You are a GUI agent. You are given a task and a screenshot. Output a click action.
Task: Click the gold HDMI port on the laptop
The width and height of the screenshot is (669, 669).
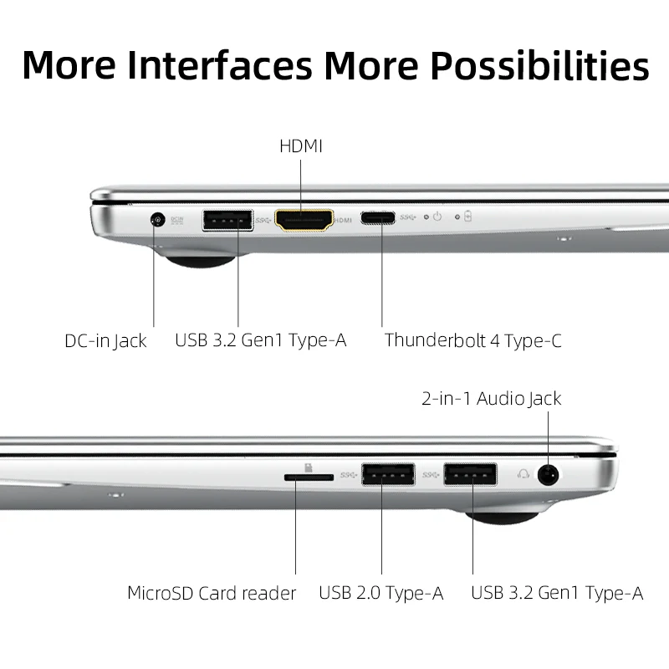(304, 220)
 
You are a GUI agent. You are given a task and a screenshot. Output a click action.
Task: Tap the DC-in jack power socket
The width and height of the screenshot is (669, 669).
(156, 220)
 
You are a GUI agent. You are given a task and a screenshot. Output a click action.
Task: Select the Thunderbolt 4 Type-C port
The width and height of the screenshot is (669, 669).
(378, 218)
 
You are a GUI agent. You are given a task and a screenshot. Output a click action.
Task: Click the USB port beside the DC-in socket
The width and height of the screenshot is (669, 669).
(227, 220)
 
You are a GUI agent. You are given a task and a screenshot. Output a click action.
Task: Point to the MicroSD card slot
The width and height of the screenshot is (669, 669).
(308, 476)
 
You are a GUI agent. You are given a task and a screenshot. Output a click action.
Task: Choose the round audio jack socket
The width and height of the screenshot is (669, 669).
(549, 475)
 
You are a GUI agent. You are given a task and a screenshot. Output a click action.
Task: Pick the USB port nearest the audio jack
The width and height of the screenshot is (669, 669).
(472, 475)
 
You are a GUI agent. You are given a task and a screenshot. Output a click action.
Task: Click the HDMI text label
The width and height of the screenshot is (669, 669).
(301, 146)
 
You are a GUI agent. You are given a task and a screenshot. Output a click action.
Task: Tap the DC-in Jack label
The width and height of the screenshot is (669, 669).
(105, 340)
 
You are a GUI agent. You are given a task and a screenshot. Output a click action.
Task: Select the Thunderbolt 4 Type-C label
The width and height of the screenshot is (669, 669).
(472, 340)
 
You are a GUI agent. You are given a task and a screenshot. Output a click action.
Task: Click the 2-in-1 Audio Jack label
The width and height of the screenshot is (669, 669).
(491, 398)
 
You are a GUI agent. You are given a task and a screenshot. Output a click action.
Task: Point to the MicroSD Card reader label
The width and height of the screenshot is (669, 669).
(212, 594)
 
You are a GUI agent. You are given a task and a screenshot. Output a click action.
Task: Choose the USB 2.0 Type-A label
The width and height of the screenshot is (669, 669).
(380, 594)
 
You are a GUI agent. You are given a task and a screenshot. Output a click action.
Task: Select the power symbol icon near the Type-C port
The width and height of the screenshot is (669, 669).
(437, 217)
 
